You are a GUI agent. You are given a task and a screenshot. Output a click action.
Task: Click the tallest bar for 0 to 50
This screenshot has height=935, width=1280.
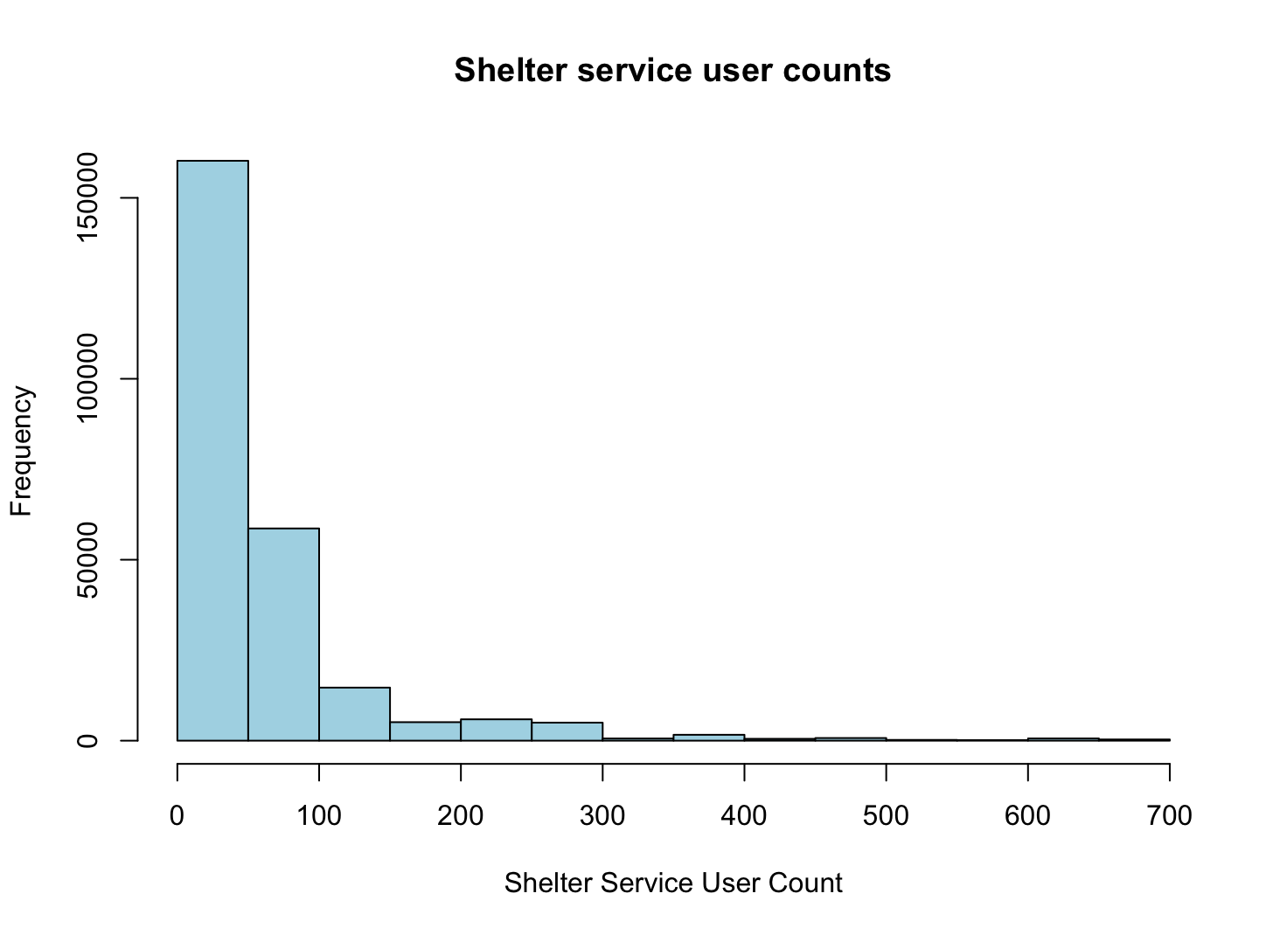coord(212,450)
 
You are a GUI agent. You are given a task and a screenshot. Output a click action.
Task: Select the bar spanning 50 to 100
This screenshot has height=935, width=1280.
coord(283,634)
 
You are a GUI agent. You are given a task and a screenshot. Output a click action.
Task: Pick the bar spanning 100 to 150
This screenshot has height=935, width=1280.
coord(354,714)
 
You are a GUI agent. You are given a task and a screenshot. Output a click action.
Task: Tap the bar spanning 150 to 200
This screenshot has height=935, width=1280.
coord(425,731)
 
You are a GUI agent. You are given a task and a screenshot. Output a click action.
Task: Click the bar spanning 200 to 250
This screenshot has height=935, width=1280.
coord(496,730)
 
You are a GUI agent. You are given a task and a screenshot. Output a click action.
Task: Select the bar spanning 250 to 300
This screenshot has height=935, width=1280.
coord(567,731)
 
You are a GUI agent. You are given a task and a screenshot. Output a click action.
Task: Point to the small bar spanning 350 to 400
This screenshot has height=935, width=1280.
coord(708,738)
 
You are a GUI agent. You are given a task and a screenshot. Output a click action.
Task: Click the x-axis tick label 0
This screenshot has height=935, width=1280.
coord(177,816)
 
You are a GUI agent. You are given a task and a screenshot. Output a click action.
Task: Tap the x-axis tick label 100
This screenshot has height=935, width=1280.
coord(319,816)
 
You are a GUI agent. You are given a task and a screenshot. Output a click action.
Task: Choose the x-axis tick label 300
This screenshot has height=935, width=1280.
coord(602,816)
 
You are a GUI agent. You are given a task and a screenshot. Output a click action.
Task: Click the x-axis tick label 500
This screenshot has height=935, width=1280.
coord(886,816)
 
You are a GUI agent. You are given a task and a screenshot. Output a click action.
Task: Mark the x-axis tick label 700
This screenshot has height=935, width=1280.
coord(1169,816)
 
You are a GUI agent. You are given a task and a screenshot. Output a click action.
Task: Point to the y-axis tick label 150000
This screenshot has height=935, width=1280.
coord(87,198)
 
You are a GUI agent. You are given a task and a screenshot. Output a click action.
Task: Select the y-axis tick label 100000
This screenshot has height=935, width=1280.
coord(87,378)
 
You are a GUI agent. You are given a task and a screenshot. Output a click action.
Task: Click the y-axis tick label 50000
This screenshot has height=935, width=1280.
coord(87,560)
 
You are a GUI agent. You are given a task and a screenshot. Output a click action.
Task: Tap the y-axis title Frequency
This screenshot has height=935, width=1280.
coord(21,451)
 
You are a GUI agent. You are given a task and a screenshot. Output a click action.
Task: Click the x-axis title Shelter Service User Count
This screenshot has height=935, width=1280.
coord(673,883)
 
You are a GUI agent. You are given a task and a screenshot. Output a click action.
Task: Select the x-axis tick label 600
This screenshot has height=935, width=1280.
coord(1027,816)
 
